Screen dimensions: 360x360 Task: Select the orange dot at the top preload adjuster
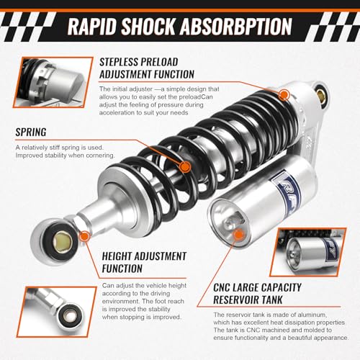(x=282, y=94)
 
